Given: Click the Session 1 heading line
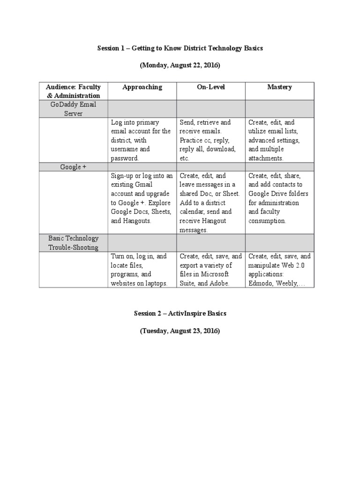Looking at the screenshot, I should [x=180, y=48].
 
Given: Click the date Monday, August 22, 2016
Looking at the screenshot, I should [x=180, y=65].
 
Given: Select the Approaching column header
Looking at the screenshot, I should [x=142, y=87].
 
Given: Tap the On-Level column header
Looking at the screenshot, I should [x=210, y=87].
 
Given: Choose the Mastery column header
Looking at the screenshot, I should [x=279, y=87].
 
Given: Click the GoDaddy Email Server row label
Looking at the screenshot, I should [x=73, y=109].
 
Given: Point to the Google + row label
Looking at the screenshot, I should [x=73, y=167].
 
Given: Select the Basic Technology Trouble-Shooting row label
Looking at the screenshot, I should [x=73, y=243].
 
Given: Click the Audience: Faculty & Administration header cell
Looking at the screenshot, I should [x=73, y=91].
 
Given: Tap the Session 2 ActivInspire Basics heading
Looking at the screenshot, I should [x=180, y=313].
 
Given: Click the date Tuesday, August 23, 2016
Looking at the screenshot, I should [x=180, y=330].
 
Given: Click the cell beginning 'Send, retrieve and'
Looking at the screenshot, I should [x=210, y=140].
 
